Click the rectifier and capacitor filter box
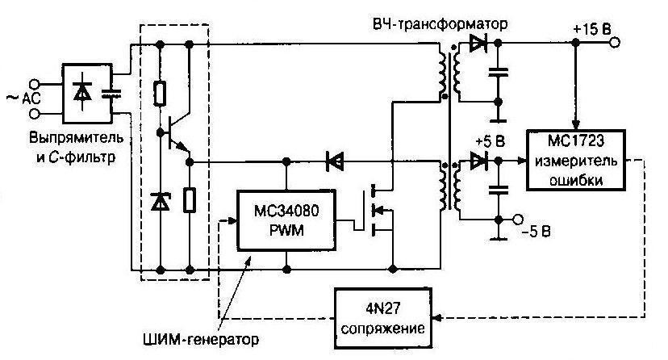92,94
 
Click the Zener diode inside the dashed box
161,201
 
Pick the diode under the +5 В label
481,161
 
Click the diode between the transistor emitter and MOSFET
332,161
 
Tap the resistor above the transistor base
161,93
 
